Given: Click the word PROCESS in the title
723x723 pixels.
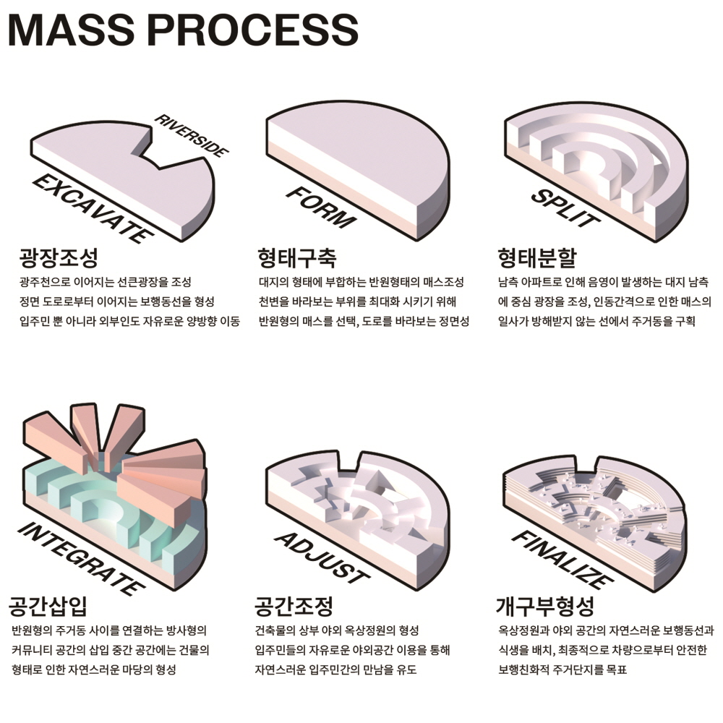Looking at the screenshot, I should [255, 30].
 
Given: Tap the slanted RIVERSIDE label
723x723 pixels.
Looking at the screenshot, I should [192, 136].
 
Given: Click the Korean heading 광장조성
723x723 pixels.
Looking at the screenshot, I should [59, 257].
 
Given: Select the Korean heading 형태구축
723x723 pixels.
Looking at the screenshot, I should [296, 257].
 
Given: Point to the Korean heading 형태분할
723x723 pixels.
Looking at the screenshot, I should [537, 257].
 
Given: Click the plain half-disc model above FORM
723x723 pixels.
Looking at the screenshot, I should [361, 159].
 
